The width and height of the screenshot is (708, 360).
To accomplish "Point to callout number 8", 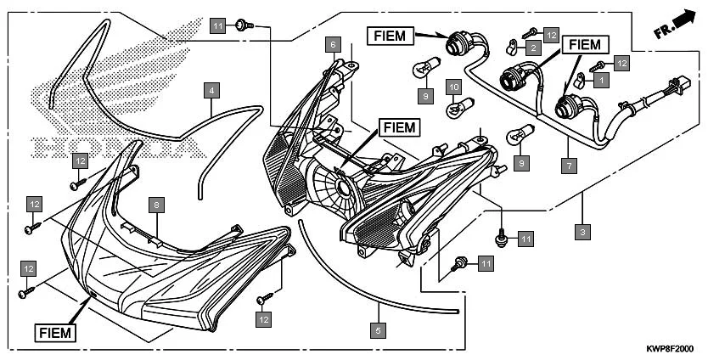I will [155, 205].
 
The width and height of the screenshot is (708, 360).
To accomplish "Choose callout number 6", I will [334, 43].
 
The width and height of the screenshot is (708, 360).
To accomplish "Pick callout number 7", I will [568, 166].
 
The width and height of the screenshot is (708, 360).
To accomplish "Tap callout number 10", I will [454, 87].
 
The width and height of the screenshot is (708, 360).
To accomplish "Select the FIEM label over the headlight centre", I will [398, 127].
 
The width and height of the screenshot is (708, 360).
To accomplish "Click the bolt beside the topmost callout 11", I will [242, 25].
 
